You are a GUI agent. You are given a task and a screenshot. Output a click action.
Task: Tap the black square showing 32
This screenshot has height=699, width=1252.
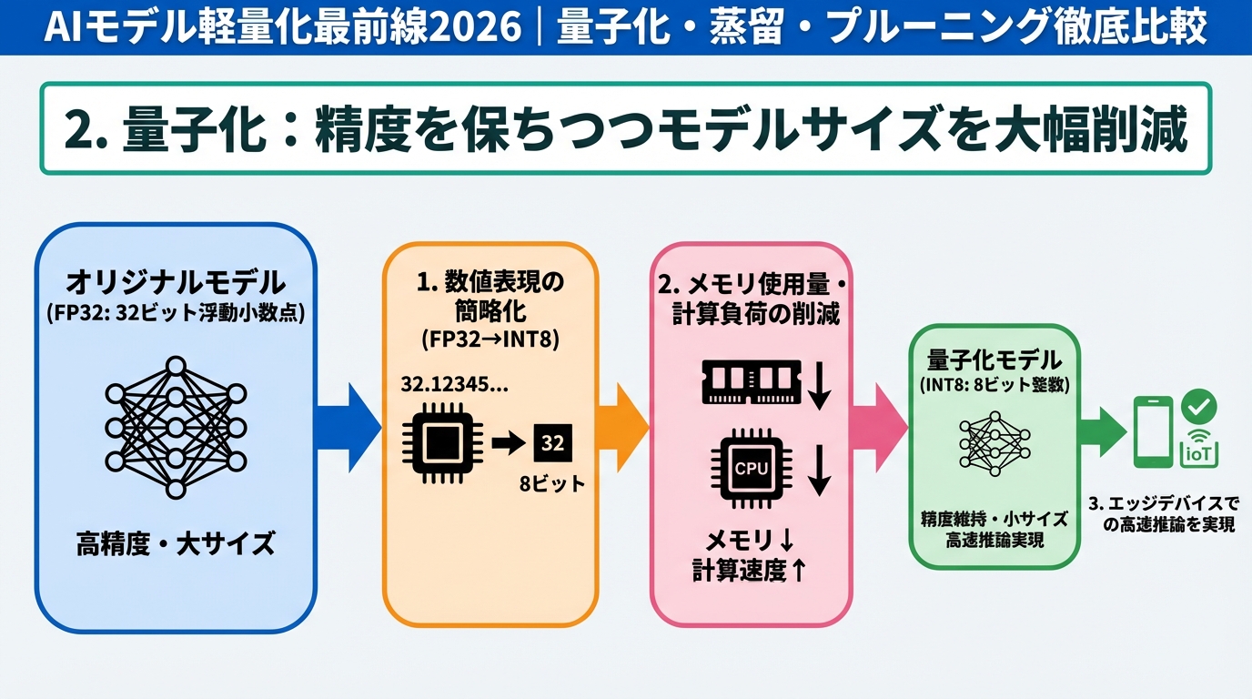552,443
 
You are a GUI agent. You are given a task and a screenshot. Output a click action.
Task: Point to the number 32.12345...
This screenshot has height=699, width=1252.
455,384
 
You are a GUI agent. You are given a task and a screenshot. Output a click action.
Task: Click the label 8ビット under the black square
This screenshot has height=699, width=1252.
552,484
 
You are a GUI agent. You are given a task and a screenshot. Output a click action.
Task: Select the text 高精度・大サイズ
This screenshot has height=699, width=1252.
176,544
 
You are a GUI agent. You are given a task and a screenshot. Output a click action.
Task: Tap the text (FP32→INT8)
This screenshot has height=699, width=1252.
490,339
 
